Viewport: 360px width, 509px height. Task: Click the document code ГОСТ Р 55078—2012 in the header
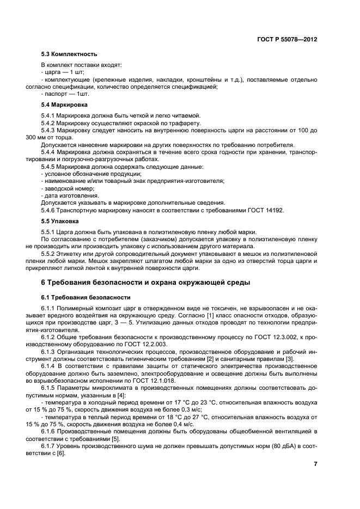pyautogui.click(x=286, y=40)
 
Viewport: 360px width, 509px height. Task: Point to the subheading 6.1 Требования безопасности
pyautogui.click(x=86, y=298)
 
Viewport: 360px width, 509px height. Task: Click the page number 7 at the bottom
pyautogui.click(x=315, y=464)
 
